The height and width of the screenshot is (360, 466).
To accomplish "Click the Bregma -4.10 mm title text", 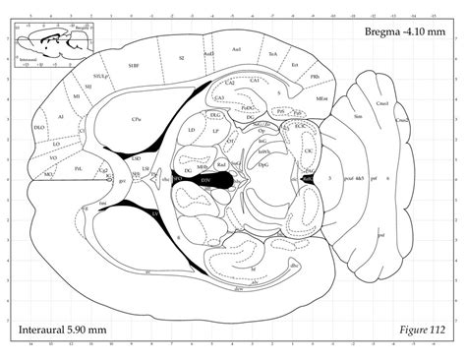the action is point(402,32).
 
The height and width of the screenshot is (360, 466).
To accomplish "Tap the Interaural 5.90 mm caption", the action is point(61,327).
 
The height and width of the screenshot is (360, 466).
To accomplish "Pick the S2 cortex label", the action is point(181,58).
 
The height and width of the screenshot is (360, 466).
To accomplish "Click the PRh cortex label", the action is point(313,76).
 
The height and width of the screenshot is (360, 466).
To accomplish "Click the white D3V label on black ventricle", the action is point(207,180).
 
